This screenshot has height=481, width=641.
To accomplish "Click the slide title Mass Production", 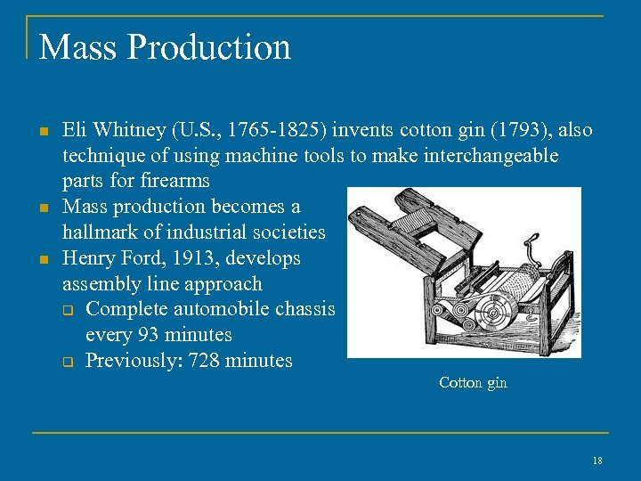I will coord(165,47).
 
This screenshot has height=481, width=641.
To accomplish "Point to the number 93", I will coord(149,335).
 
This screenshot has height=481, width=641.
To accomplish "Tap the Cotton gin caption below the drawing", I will coord(473,382).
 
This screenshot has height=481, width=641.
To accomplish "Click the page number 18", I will coord(596,460).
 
